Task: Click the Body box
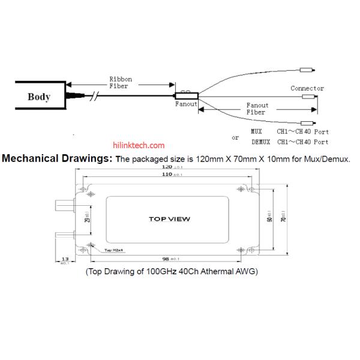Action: (x=38, y=97)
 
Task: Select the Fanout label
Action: (x=186, y=104)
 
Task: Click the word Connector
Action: (x=307, y=88)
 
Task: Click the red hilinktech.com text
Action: (x=139, y=145)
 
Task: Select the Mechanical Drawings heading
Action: (x=58, y=159)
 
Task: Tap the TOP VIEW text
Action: (x=169, y=219)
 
